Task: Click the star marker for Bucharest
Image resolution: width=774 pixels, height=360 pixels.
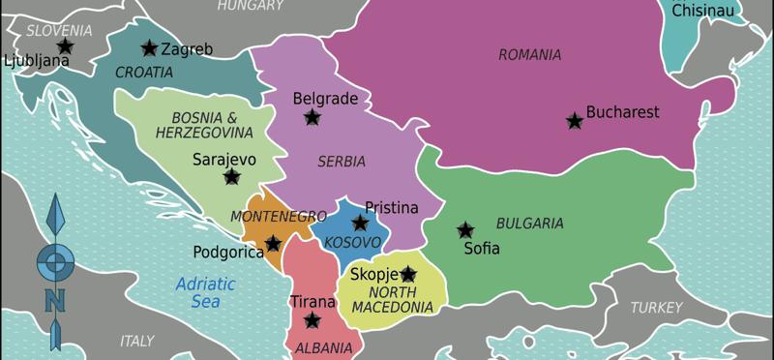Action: tap(575, 121)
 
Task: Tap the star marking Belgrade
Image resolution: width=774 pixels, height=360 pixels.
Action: tap(312, 117)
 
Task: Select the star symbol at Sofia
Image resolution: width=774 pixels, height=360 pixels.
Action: tap(465, 230)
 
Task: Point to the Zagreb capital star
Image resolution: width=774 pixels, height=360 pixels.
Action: tap(149, 48)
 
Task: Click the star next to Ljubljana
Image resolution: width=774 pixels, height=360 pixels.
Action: tap(65, 45)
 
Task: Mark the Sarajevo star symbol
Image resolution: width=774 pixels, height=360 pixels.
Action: tap(231, 176)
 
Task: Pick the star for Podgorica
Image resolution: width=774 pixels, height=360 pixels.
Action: tap(274, 243)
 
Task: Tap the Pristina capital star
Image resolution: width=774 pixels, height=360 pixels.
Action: tap(360, 223)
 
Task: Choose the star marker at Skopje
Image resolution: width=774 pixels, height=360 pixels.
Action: tap(408, 274)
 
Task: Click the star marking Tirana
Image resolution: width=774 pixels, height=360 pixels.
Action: tap(312, 319)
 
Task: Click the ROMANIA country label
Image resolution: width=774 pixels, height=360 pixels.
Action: tap(529, 55)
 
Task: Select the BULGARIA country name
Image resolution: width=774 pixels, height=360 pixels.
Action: tap(529, 224)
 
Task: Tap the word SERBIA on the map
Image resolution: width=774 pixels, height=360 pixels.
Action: tap(342, 162)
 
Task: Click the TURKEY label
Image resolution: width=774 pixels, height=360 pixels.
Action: tap(656, 308)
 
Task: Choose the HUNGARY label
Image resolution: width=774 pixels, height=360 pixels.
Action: tap(250, 7)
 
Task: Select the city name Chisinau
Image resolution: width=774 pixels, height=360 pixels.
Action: tap(702, 11)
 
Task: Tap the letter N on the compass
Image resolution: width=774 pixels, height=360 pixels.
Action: tap(55, 301)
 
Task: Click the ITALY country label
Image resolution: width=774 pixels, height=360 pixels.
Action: tap(136, 342)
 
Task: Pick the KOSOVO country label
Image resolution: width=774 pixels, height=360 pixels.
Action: tap(352, 241)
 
